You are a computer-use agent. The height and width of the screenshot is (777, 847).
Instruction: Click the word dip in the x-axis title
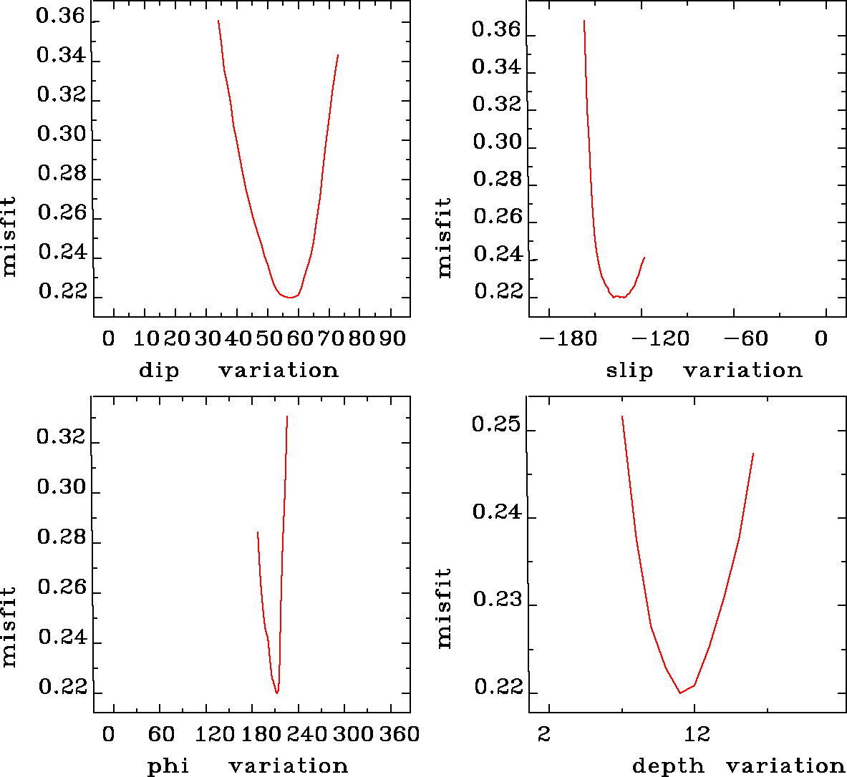(158, 371)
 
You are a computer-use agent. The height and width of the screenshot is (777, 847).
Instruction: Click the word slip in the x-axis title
(629, 371)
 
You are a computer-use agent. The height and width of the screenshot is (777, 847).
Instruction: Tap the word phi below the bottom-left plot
(168, 766)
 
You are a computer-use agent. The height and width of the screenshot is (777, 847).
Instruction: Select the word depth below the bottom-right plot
(668, 766)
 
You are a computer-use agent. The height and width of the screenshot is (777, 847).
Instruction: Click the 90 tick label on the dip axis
(392, 338)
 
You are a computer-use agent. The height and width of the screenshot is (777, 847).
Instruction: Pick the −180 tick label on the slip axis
(568, 338)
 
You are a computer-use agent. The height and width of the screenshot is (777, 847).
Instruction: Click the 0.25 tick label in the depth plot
(495, 425)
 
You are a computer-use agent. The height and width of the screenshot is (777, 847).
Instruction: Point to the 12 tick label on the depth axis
(697, 734)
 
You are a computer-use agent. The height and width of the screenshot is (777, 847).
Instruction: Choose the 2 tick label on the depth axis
(546, 734)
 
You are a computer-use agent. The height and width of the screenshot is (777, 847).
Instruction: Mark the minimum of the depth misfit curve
(680, 693)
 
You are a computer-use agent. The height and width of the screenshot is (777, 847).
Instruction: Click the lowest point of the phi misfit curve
(276, 693)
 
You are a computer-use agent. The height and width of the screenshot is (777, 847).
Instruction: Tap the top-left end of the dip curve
(218, 21)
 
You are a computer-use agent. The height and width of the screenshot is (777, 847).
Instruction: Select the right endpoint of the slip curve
(644, 258)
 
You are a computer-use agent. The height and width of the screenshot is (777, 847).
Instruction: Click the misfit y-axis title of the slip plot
(445, 238)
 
